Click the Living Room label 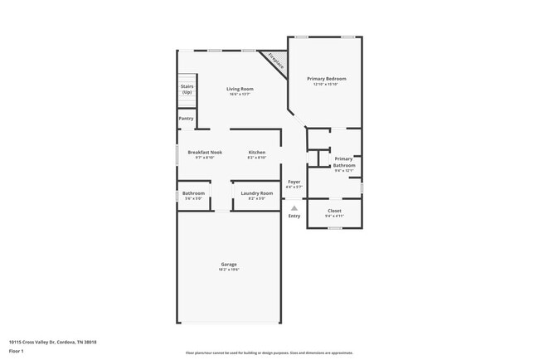pos(241,89)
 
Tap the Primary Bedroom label pos(329,79)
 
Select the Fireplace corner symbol pos(274,61)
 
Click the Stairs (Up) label pos(187,89)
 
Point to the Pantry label pos(187,119)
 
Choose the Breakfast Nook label pos(205,153)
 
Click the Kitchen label pos(257,153)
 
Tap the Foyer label pos(294,182)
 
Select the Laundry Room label pos(256,193)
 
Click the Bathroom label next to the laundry pos(193,193)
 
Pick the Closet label pos(334,211)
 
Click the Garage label pos(229,265)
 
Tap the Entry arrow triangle pos(294,208)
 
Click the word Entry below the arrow pos(294,216)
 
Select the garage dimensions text pos(229,270)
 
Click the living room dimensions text pos(241,95)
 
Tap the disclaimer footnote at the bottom pos(269,353)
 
